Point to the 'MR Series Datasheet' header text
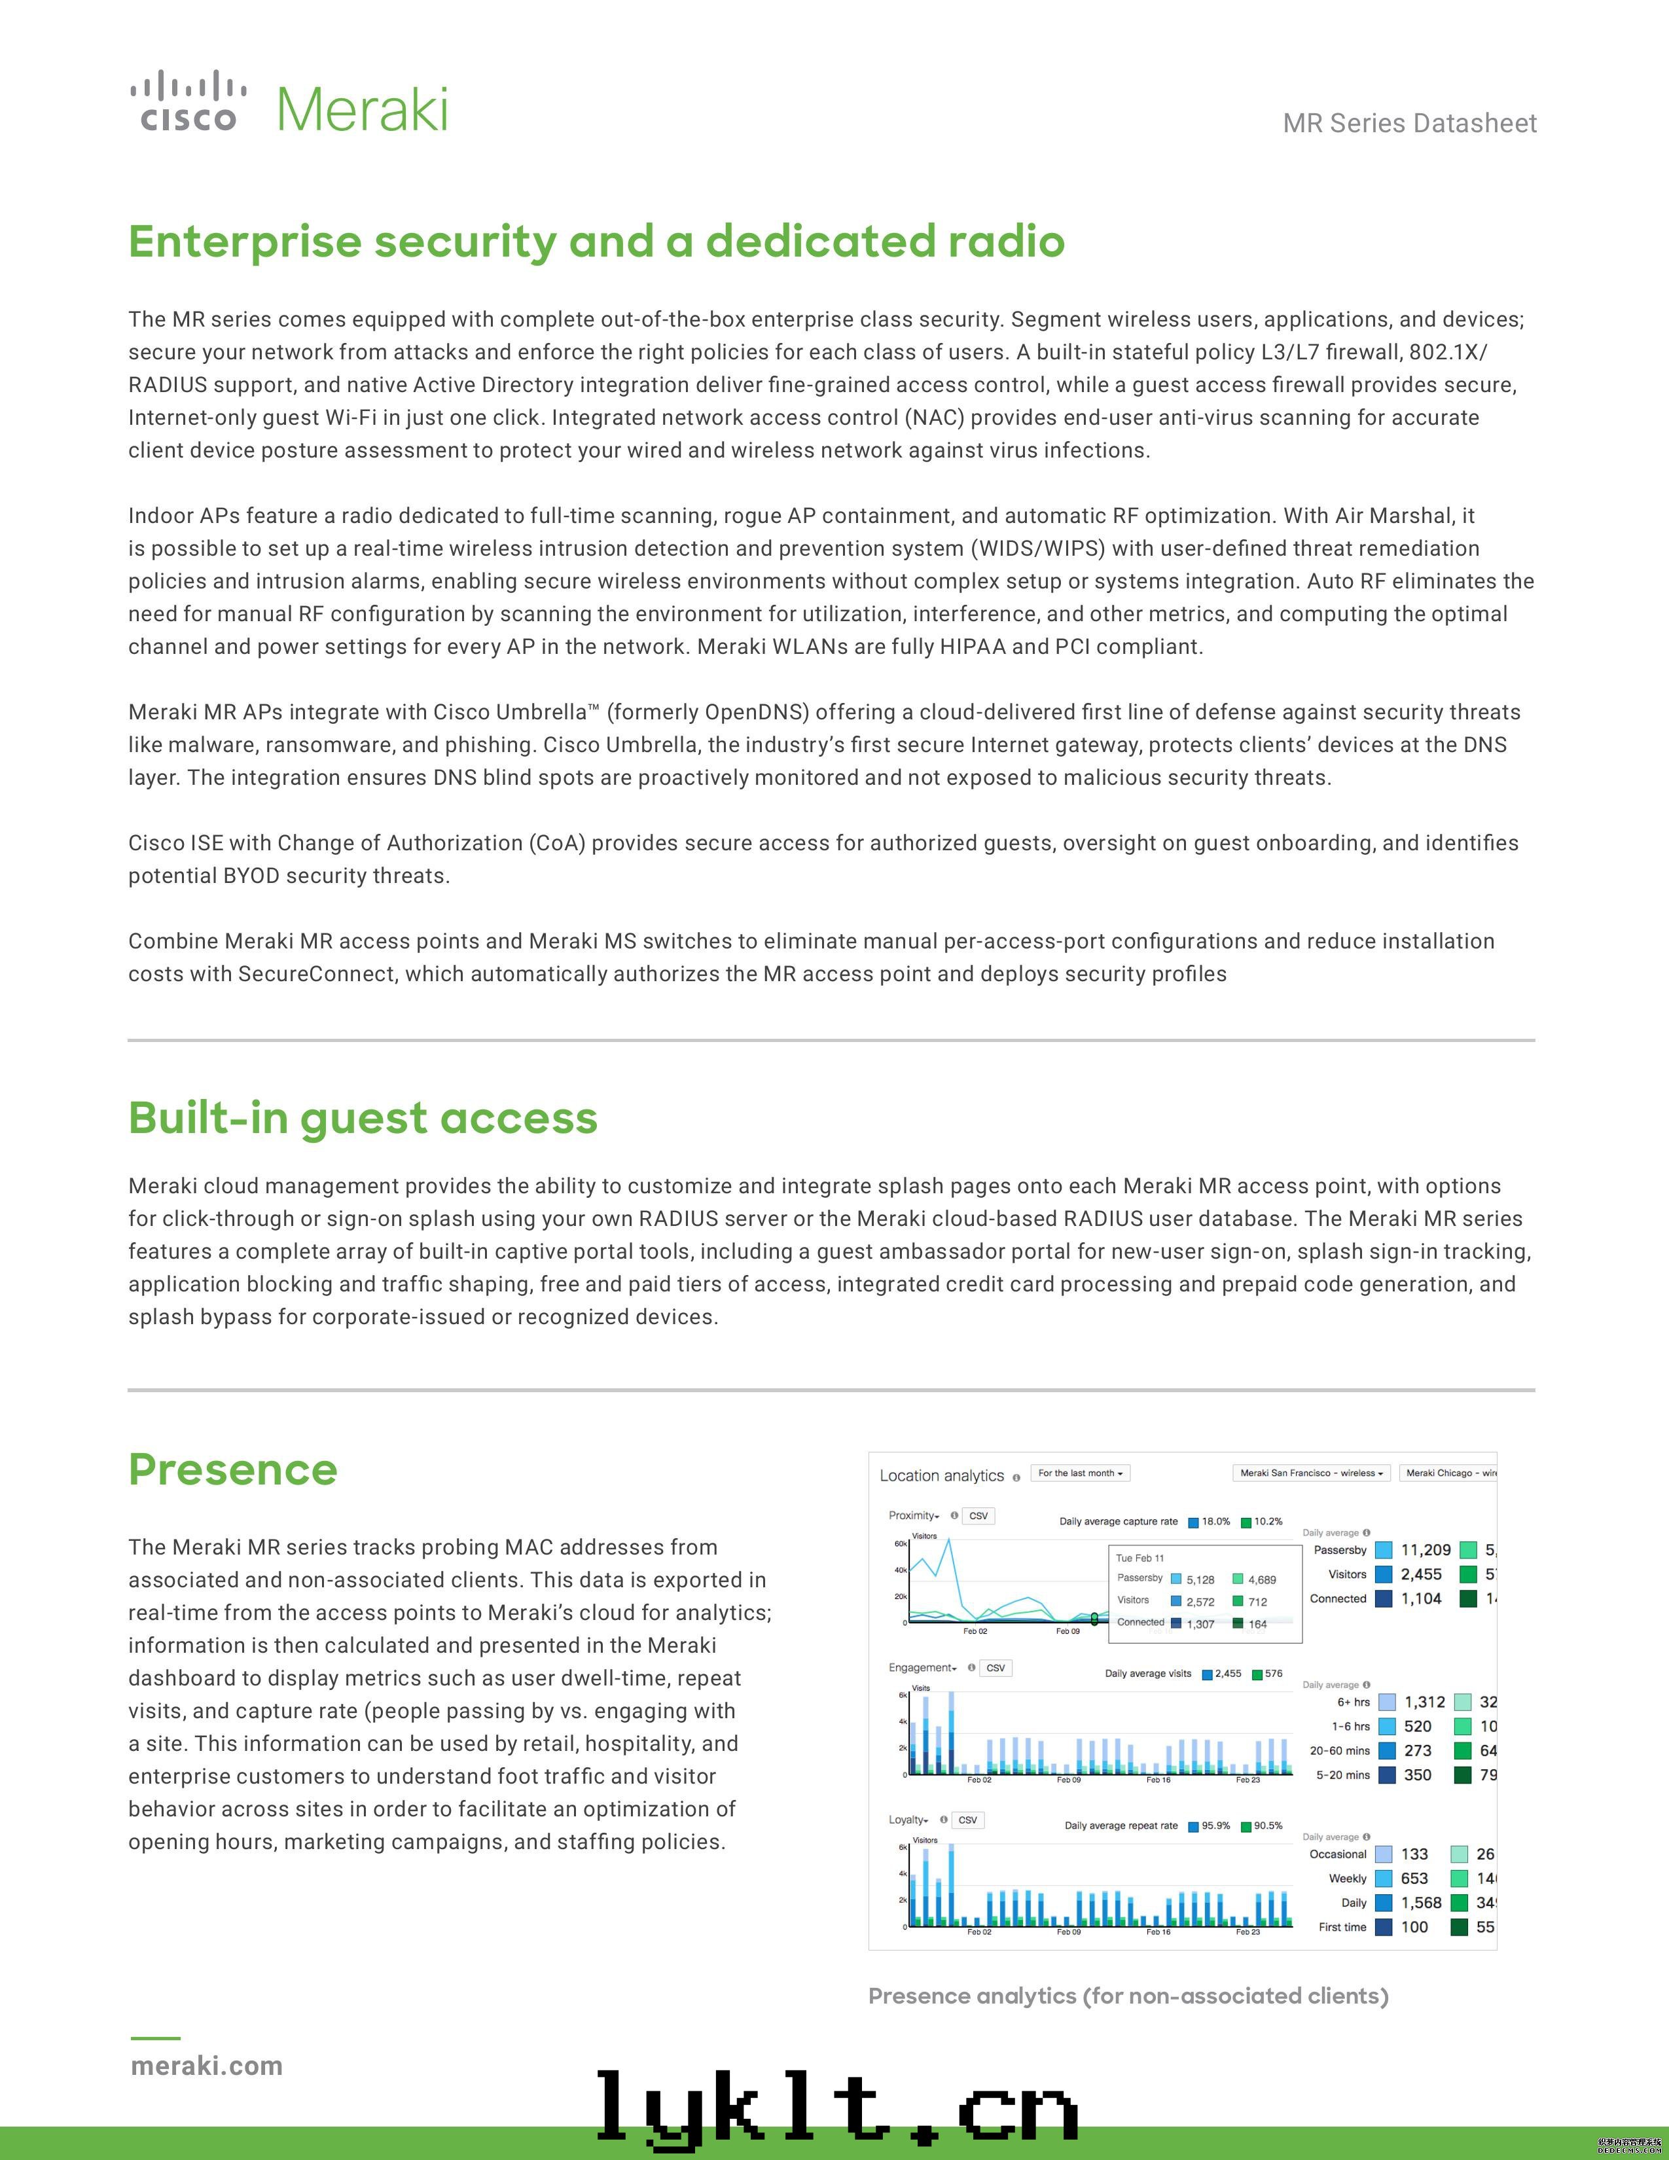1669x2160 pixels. tap(1409, 124)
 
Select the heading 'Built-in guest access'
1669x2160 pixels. tap(363, 1119)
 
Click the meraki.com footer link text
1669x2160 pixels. tap(207, 2066)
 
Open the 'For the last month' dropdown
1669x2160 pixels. tap(1080, 1473)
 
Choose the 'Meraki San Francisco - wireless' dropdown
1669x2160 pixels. tap(1311, 1473)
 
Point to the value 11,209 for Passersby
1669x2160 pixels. tap(1426, 1550)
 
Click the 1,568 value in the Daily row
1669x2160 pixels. tap(1421, 1903)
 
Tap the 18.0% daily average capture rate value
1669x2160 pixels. tap(1216, 1521)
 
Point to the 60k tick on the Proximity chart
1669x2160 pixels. tap(901, 1544)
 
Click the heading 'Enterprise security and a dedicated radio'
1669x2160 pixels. tap(596, 242)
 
